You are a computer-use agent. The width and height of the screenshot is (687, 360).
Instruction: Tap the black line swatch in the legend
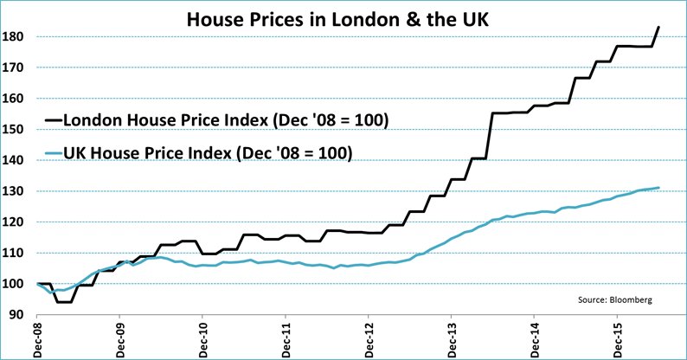(x=55, y=119)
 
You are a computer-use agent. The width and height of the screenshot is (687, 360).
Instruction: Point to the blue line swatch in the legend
(x=55, y=154)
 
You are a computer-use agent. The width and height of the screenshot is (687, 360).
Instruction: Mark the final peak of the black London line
(x=659, y=27)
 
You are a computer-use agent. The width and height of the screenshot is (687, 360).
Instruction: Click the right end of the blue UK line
(x=659, y=188)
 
